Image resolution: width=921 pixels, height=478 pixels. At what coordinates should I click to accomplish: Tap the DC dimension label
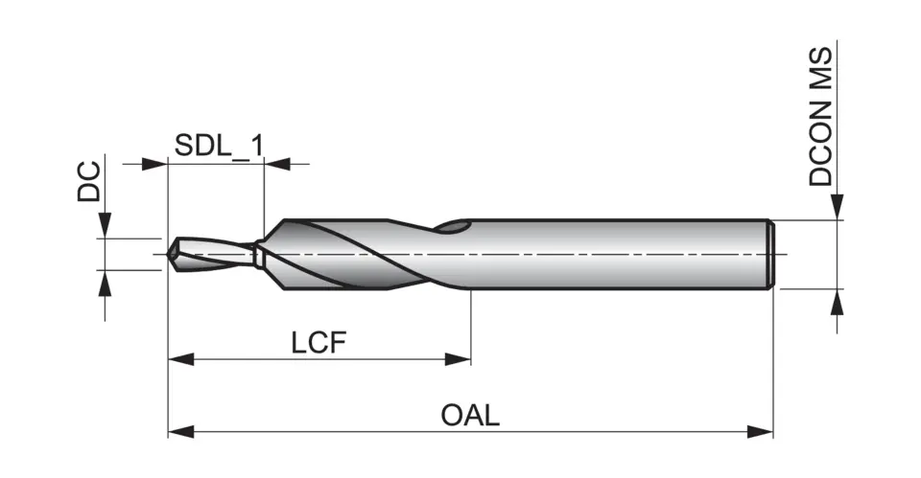point(88,181)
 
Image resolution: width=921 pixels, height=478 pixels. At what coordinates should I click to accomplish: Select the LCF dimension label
point(318,342)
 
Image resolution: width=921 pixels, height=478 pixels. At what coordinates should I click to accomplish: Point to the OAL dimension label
point(470,416)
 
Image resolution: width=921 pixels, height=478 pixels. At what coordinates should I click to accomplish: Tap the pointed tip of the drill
point(170,254)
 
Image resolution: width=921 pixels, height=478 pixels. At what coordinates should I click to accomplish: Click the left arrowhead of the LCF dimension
point(180,359)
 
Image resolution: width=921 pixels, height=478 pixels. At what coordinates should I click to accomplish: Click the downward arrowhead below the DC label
point(104,226)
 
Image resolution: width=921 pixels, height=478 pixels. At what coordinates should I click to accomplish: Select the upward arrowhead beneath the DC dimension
point(104,282)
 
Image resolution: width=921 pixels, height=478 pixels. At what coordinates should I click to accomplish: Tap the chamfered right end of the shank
point(771,254)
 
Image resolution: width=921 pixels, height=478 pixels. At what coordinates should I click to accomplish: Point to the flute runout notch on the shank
point(453,227)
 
